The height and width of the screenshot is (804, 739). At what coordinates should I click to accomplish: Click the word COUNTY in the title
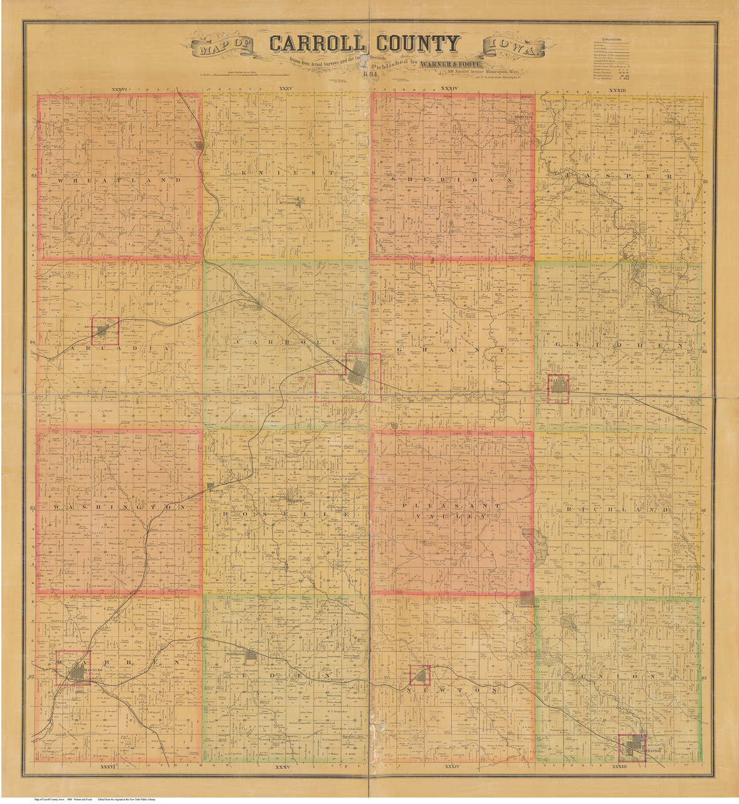(418, 44)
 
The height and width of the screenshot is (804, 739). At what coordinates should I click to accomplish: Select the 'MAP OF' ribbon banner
(223, 48)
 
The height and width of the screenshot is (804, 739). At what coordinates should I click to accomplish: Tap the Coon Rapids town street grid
(632, 747)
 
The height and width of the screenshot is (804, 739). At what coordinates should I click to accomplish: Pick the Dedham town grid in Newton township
(420, 676)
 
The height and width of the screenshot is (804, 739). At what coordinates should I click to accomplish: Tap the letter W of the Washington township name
(57, 506)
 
